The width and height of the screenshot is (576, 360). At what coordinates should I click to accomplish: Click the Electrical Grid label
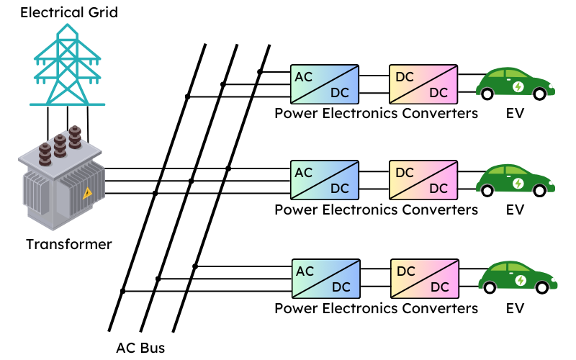click(68, 13)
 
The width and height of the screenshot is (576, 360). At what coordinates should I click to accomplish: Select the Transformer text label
click(69, 244)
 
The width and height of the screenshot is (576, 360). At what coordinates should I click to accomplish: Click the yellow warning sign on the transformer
click(87, 192)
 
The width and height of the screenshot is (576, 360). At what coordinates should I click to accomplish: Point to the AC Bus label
click(140, 348)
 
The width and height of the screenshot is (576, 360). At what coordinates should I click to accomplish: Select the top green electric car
click(516, 83)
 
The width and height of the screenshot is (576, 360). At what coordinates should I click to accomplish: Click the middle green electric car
click(516, 180)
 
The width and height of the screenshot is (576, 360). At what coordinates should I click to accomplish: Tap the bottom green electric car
click(518, 277)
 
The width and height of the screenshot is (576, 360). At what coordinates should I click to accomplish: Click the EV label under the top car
click(515, 113)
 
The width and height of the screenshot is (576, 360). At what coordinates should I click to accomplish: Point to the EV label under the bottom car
click(515, 308)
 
